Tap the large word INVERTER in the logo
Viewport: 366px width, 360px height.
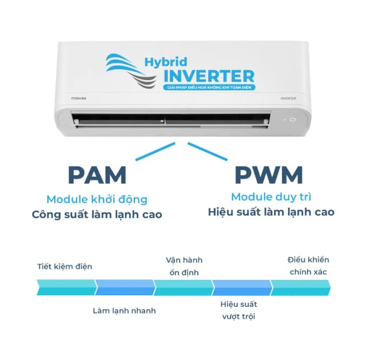[x=208, y=75]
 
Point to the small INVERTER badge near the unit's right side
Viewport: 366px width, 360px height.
[x=288, y=98]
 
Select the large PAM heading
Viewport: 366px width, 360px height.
[x=97, y=176]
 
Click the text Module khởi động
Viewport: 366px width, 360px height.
[x=97, y=199]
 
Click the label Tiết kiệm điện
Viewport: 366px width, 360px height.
[x=65, y=266]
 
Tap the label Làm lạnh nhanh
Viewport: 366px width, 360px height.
[x=124, y=311]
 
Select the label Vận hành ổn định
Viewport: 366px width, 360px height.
[x=184, y=266]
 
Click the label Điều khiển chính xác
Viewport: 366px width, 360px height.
[x=308, y=266]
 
